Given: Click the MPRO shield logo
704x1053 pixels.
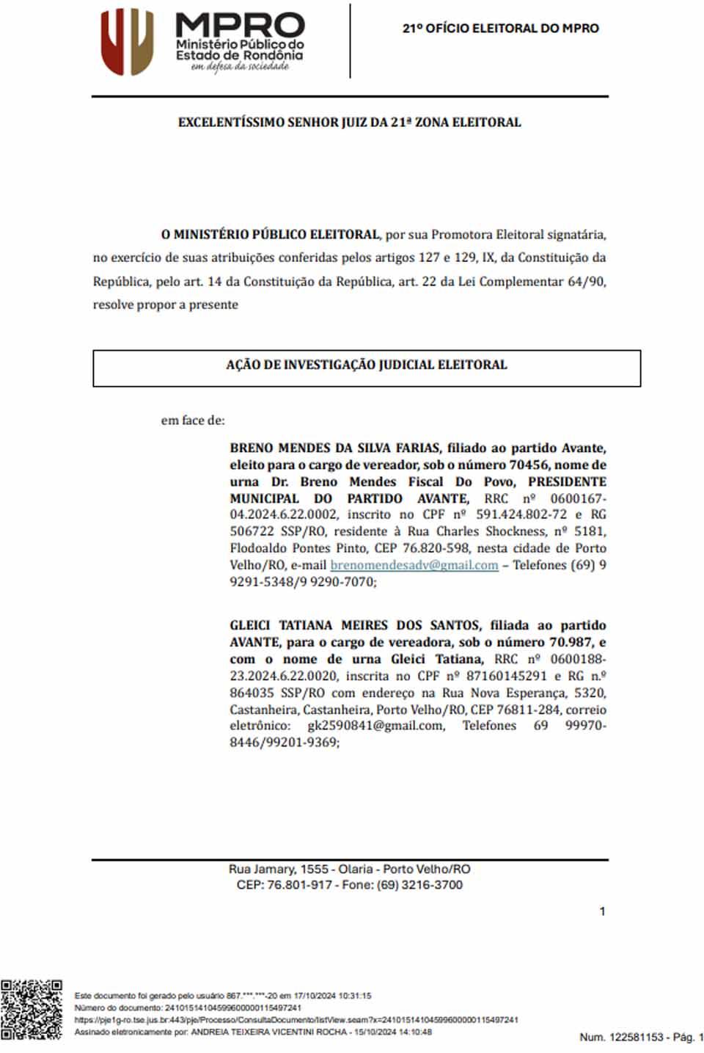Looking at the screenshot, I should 127,42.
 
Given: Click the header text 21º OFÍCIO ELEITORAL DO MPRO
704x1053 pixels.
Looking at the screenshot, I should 500,29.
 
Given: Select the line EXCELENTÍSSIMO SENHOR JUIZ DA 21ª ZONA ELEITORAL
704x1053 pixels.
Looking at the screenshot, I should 349,123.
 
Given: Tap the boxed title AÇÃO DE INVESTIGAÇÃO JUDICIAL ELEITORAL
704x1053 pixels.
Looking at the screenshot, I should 366,365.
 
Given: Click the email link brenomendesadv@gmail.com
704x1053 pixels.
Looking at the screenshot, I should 414,565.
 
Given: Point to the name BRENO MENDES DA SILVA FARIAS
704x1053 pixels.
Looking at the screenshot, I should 334,448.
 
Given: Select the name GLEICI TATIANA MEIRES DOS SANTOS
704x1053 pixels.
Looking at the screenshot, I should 355,625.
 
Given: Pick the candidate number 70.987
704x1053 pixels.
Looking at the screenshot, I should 565,642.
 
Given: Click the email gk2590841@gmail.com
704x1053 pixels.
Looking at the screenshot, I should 375,726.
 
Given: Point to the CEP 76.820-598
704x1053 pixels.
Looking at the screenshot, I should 443,548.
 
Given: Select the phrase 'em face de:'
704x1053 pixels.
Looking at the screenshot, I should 193,420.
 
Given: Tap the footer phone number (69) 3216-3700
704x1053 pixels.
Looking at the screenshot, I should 419,885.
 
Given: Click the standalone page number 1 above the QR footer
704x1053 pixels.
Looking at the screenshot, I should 602,911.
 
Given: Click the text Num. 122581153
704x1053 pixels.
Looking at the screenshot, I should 620,1037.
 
